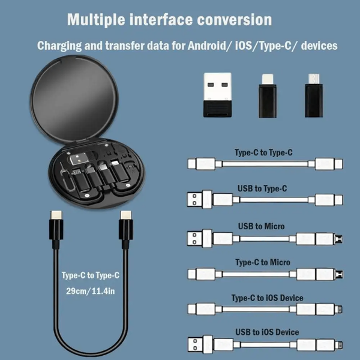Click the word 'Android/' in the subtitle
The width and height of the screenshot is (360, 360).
208,46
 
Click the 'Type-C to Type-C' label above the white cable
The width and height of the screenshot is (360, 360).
263,152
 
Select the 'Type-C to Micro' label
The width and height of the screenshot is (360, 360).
263,262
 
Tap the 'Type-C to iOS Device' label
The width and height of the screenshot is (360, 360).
268,298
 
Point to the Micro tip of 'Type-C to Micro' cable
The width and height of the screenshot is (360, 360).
340,275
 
